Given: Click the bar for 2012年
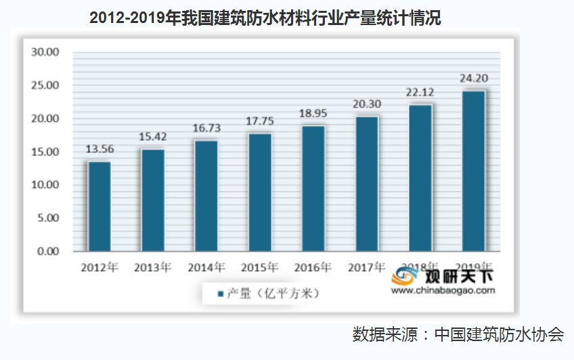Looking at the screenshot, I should coord(99,206).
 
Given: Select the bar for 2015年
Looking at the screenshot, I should coord(260,192).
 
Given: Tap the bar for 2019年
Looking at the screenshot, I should coord(473,171).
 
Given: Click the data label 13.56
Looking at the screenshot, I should coord(99,150).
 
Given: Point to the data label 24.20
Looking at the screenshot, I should coord(473,78).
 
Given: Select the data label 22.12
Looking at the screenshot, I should coord(420,92).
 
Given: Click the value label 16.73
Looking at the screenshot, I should coord(206,128).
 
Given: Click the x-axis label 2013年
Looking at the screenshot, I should coord(153,267).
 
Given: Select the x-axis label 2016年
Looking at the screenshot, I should coord(313,267).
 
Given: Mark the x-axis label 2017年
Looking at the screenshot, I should coord(367,267).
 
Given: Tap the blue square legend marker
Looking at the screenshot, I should coord(220,294).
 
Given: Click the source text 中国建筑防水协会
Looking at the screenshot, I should coord(500,334).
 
